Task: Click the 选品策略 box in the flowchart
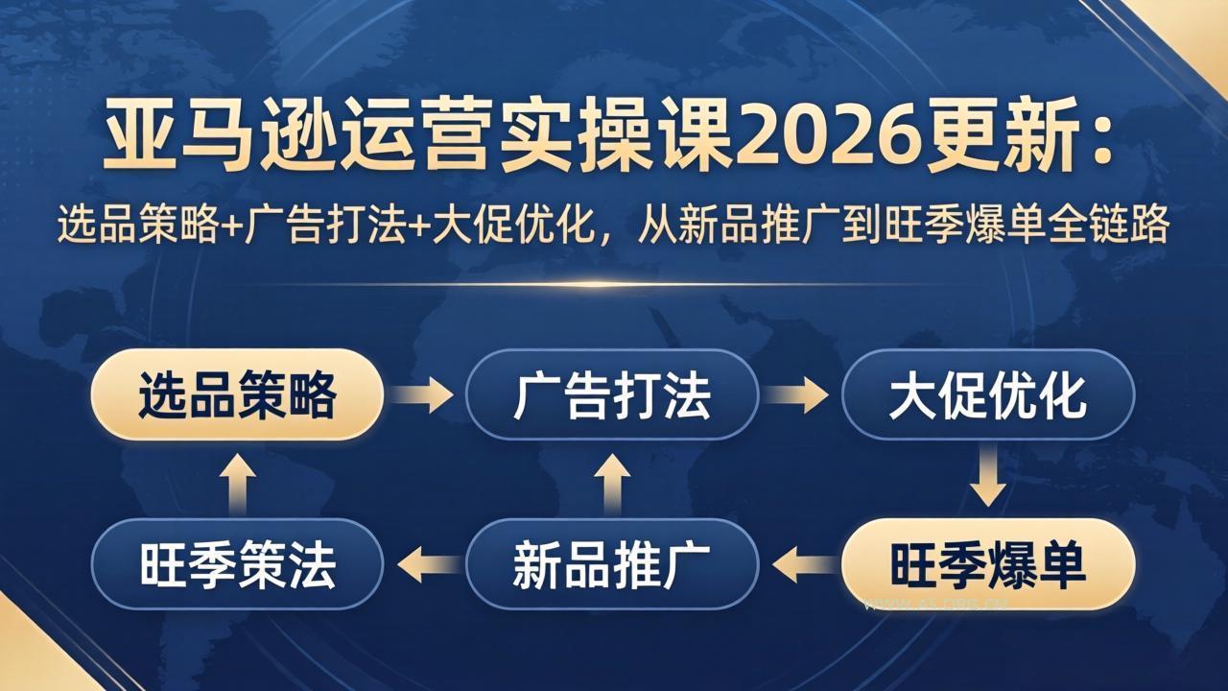coord(237,395)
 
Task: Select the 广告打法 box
coord(612,395)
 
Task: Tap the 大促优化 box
coord(988,395)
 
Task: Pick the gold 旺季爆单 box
coord(988,564)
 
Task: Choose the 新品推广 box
coord(612,564)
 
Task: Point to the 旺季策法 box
coord(237,564)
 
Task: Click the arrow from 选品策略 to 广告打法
coord(424,395)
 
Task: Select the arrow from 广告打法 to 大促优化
coord(799,395)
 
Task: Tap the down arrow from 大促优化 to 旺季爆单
coord(988,480)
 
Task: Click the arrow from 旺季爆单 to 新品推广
coord(801,564)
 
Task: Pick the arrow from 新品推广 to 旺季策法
coord(426,564)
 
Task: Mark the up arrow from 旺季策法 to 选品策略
coord(237,480)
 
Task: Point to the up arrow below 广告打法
coord(612,480)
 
